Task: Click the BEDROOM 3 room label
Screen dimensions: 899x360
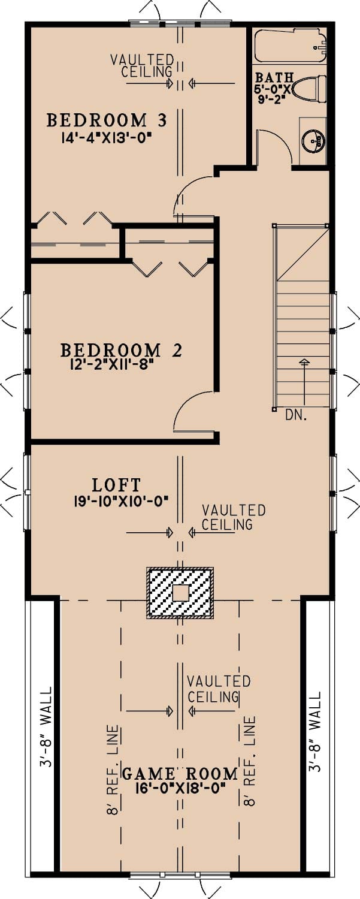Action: [x=107, y=120]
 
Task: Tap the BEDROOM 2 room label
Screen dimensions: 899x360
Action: [x=121, y=350]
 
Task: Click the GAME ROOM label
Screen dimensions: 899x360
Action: [x=180, y=774]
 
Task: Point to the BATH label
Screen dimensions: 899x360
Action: [x=274, y=78]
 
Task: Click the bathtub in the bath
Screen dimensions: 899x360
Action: [x=289, y=46]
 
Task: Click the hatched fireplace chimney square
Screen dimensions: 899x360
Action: [x=180, y=593]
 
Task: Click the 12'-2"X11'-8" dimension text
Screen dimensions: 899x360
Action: [x=113, y=365]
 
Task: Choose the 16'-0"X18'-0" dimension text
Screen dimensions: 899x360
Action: [x=180, y=789]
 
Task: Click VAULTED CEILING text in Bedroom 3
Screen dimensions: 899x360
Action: [x=143, y=66]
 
